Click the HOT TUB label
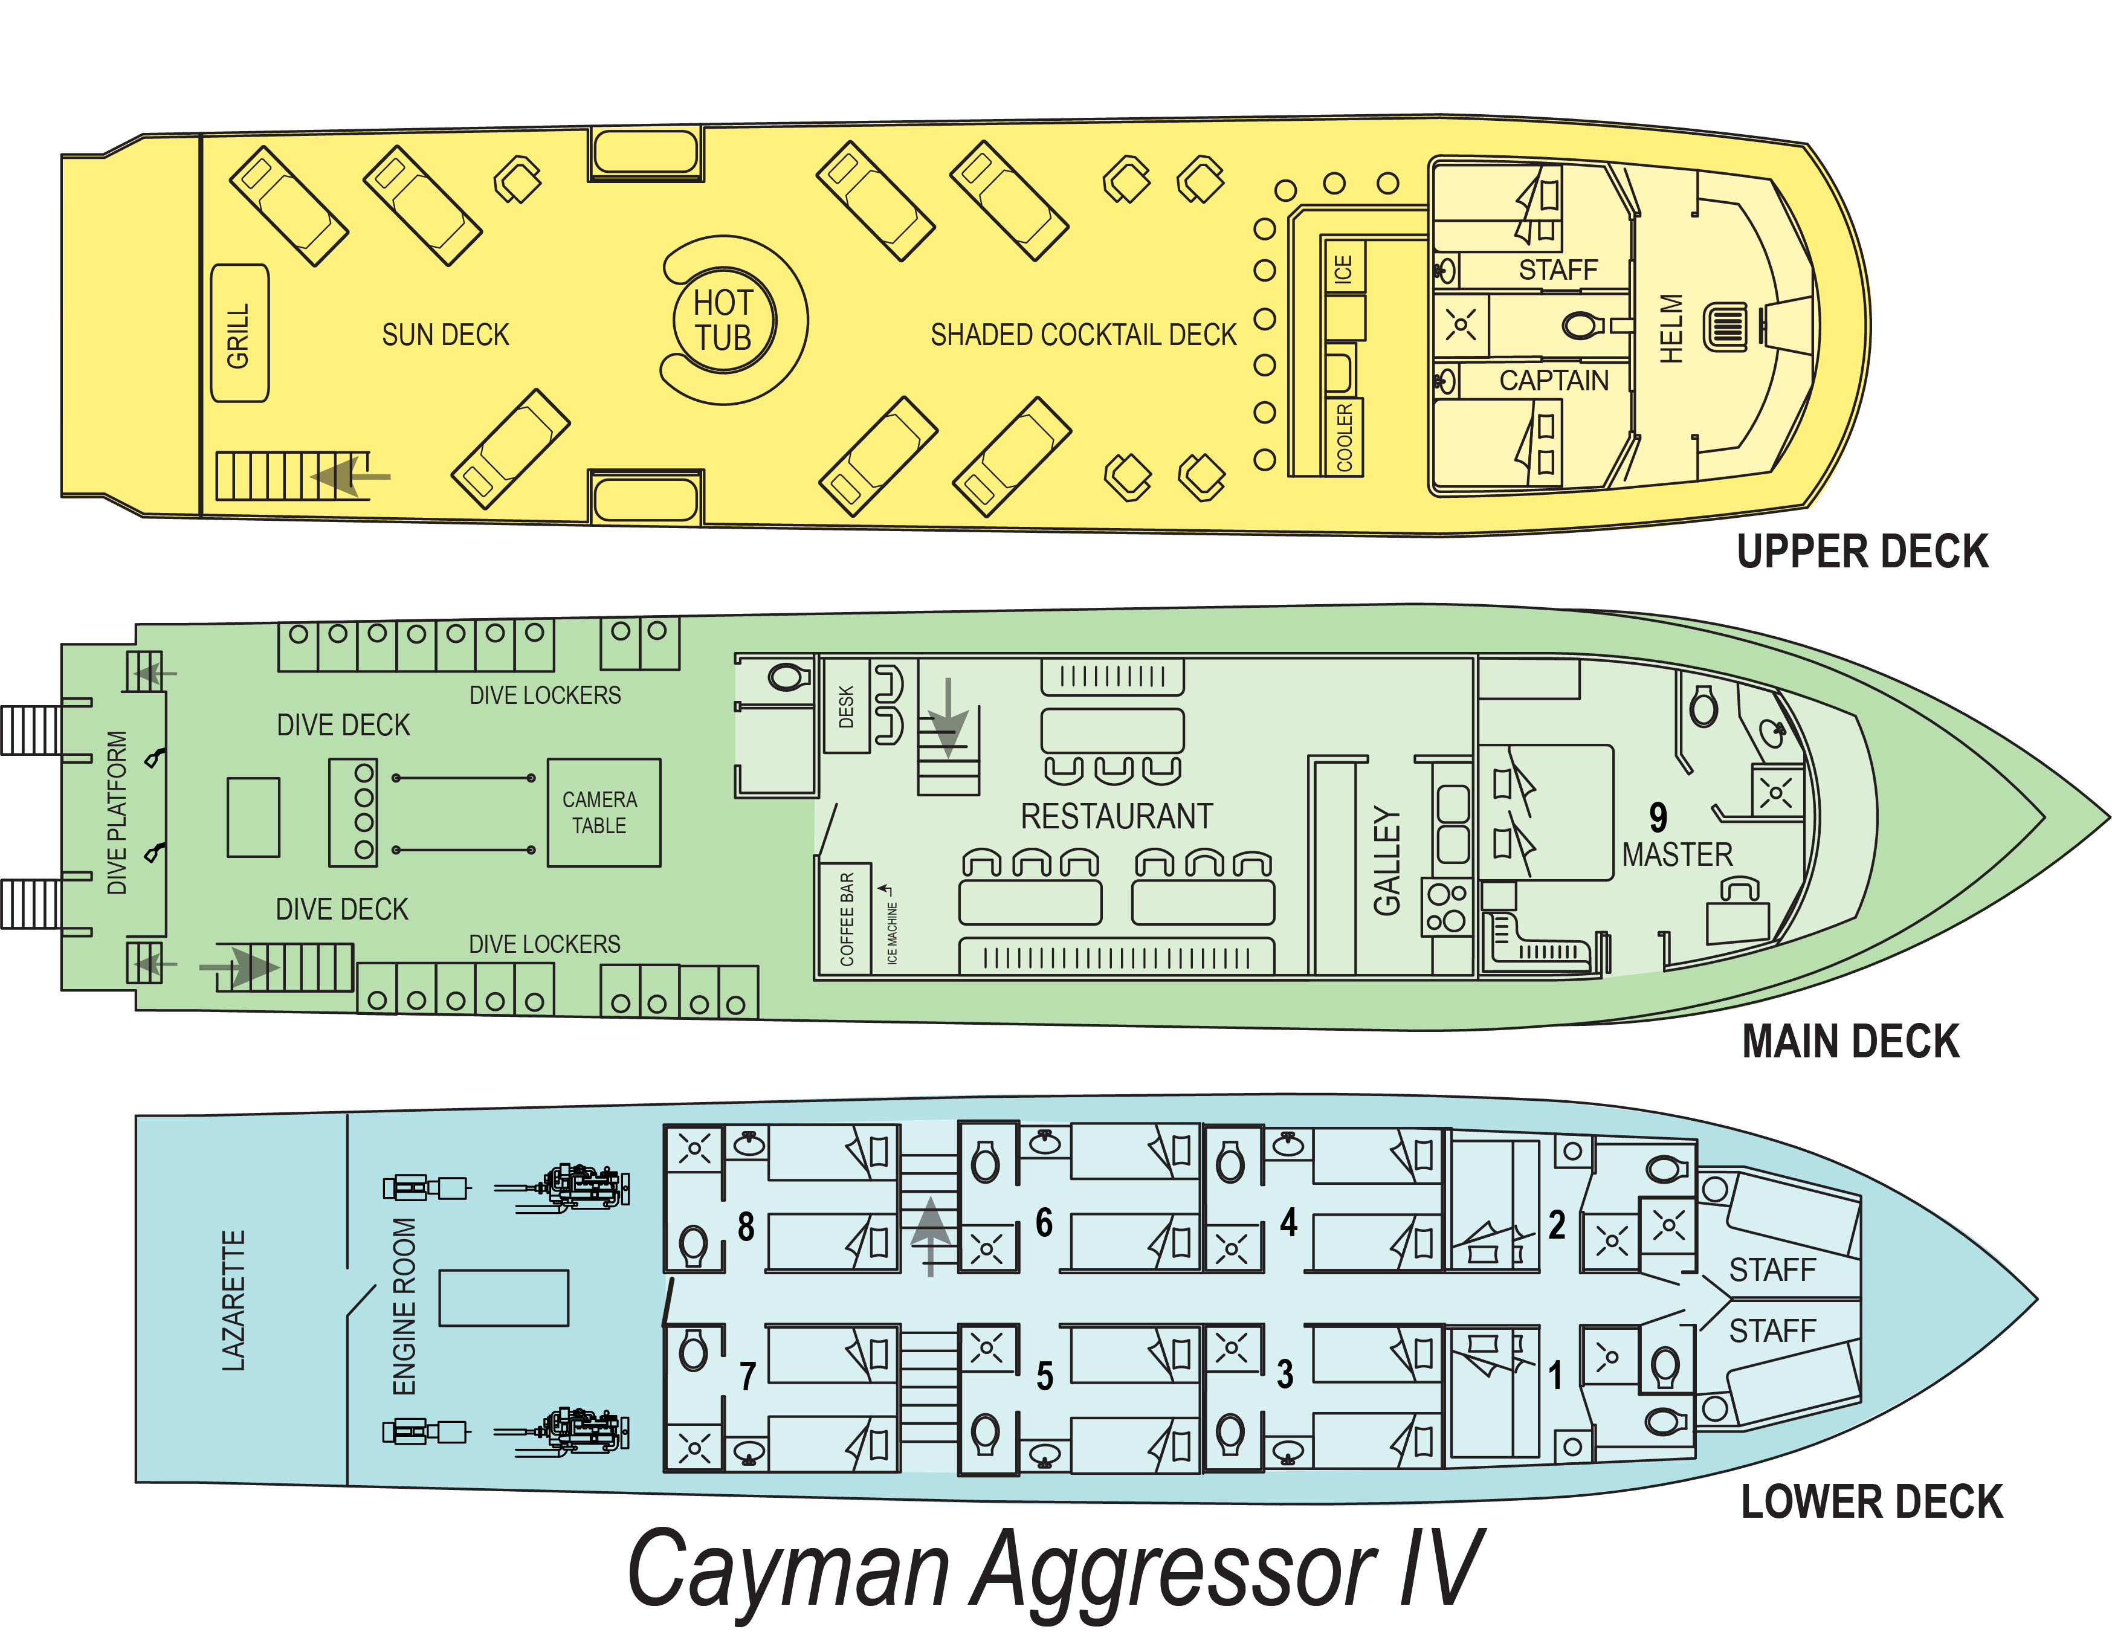tap(723, 320)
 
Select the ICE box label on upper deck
tap(1343, 268)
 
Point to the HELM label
tap(1671, 329)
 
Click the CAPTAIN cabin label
tap(1554, 380)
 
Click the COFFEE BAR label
tap(847, 918)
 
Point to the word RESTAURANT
tap(1117, 816)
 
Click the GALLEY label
tap(1387, 860)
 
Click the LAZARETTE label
tap(234, 1300)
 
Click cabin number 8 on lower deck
tap(746, 1226)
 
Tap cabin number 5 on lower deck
tap(1044, 1376)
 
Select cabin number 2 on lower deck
tap(1557, 1224)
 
